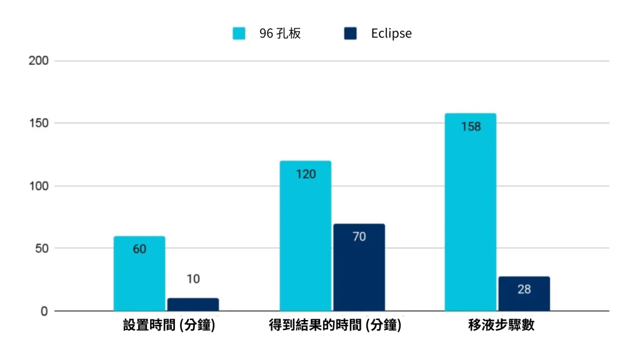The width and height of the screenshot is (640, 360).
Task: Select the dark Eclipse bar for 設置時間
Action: (x=193, y=304)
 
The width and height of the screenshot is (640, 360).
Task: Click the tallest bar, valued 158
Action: (x=470, y=212)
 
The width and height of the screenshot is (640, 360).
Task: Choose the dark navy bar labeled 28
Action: (x=524, y=293)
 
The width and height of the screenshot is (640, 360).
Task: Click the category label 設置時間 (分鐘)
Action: (x=169, y=326)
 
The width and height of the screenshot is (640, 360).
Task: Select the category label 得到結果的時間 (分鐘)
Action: (x=335, y=326)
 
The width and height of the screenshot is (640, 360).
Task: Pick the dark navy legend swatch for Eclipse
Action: (x=350, y=34)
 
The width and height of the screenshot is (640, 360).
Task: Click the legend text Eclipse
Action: (x=391, y=34)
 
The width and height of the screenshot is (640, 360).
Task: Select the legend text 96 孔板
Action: (x=280, y=34)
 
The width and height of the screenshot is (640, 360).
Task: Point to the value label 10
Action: (x=193, y=279)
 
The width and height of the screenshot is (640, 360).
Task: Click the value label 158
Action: (x=471, y=127)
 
